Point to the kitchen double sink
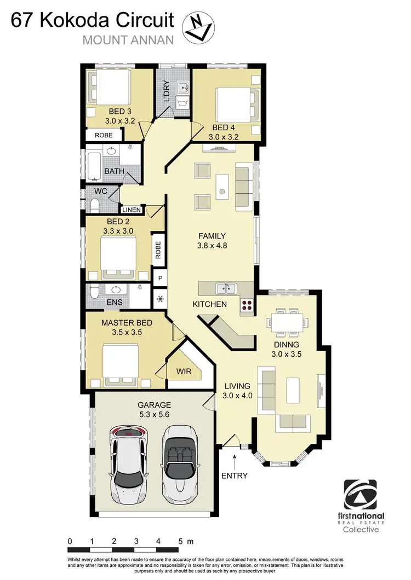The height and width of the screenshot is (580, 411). (x=226, y=288)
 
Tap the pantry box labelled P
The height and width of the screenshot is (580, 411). (x=160, y=277)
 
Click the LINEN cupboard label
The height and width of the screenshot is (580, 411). (x=132, y=210)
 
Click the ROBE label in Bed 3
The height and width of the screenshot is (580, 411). (x=104, y=135)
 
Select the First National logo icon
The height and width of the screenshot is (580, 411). (x=363, y=495)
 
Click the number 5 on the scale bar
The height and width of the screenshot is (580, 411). (x=180, y=541)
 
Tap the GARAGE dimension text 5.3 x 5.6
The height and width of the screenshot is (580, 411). (x=154, y=415)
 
